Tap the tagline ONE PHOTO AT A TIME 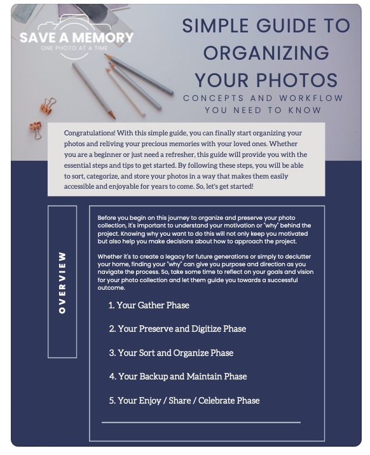tap(77, 48)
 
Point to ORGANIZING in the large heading tap(266, 53)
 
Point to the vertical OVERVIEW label tap(62, 282)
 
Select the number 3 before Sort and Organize tap(111, 353)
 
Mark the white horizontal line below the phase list tap(201, 422)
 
